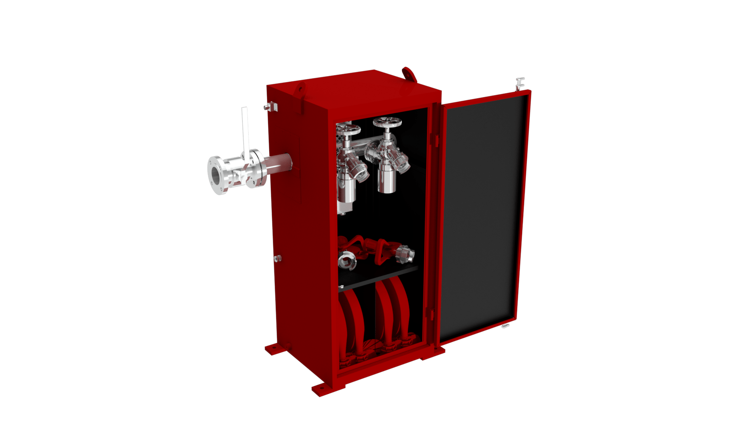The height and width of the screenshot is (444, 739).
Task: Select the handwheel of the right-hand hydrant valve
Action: pyautogui.click(x=387, y=123)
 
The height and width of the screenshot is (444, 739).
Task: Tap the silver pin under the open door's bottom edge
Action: pyautogui.click(x=505, y=326)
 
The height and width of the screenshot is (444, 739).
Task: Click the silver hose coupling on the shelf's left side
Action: pyautogui.click(x=347, y=259)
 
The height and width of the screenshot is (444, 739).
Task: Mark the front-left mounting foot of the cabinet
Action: pyautogui.click(x=323, y=389)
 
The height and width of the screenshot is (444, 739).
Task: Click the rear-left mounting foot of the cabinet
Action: pyautogui.click(x=274, y=350)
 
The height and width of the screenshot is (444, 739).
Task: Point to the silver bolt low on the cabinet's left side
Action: pyautogui.click(x=278, y=259)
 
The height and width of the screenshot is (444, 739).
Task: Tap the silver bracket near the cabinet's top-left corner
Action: pyautogui.click(x=273, y=106)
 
